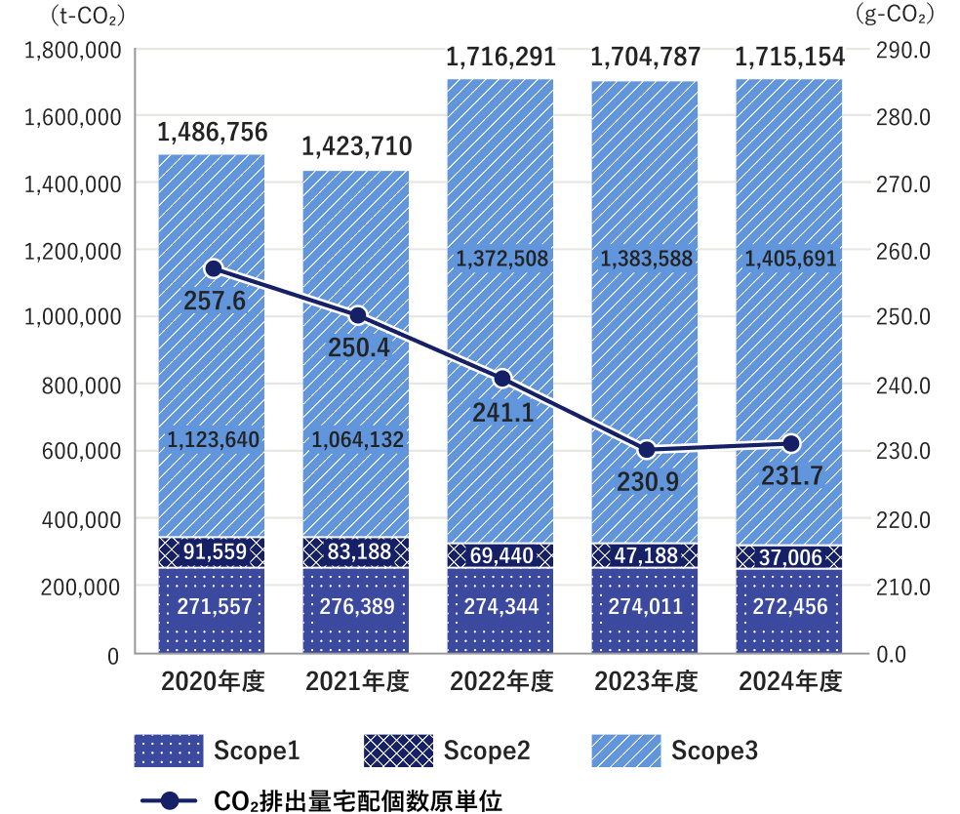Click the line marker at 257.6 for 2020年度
[214, 269]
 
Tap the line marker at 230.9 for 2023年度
[647, 450]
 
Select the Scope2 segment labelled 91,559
[212, 552]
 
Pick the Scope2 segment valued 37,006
[788, 557]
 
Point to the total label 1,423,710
[356, 147]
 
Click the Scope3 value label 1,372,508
[502, 259]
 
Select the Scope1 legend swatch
[169, 751]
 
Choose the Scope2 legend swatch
[398, 751]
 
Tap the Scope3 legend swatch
[625, 751]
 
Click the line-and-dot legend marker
[169, 800]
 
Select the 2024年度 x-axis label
[790, 681]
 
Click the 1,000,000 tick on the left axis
[74, 317]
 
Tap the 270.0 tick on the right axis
[906, 183]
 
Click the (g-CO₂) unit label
[894, 14]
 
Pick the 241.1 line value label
[502, 413]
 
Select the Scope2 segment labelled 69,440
[500, 555]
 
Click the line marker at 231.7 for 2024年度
[791, 444]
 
